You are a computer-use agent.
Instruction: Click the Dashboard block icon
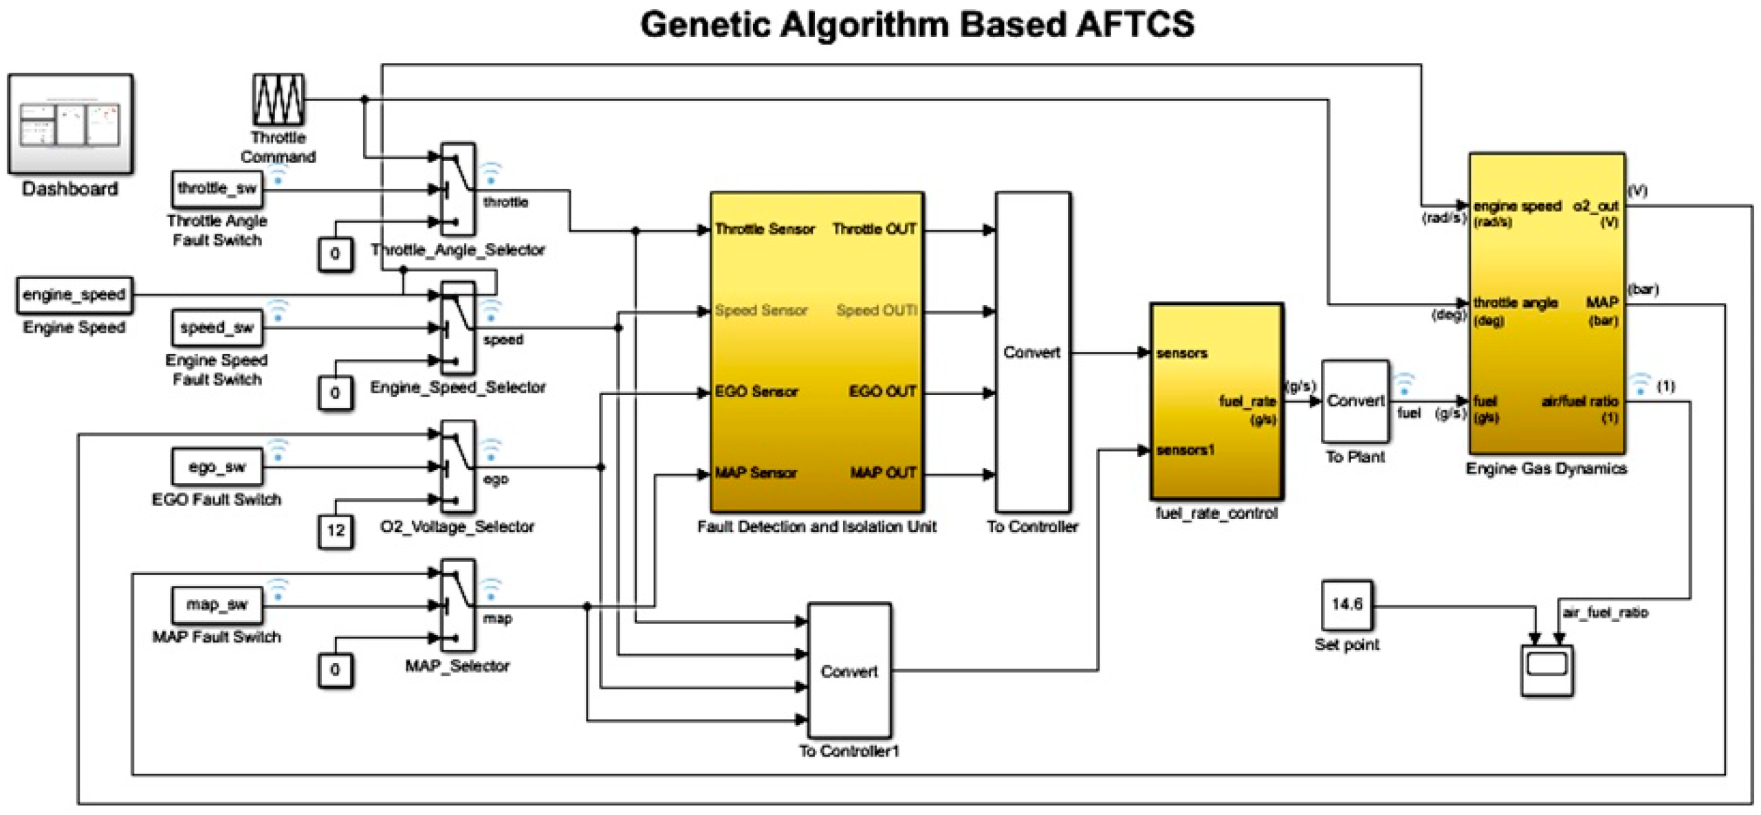point(70,124)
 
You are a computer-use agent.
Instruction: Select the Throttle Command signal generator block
point(278,100)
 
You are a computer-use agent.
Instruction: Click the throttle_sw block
point(217,189)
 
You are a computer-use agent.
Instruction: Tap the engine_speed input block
point(74,295)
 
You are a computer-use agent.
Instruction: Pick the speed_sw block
point(217,328)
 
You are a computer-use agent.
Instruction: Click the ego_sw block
point(217,467)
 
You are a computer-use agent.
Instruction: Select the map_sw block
point(217,605)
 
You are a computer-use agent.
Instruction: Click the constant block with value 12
point(336,531)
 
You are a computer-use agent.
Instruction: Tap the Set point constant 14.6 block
point(1346,605)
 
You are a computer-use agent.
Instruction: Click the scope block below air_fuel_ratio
point(1546,670)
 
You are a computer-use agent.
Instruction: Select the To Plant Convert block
point(1354,401)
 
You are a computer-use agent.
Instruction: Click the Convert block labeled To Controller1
point(849,671)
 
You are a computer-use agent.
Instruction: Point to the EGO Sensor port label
point(756,392)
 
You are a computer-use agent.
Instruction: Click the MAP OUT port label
point(883,473)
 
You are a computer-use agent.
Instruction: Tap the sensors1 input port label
point(1185,451)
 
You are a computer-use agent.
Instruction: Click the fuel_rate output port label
point(1247,401)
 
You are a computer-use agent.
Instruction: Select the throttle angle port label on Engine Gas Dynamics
point(1515,303)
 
